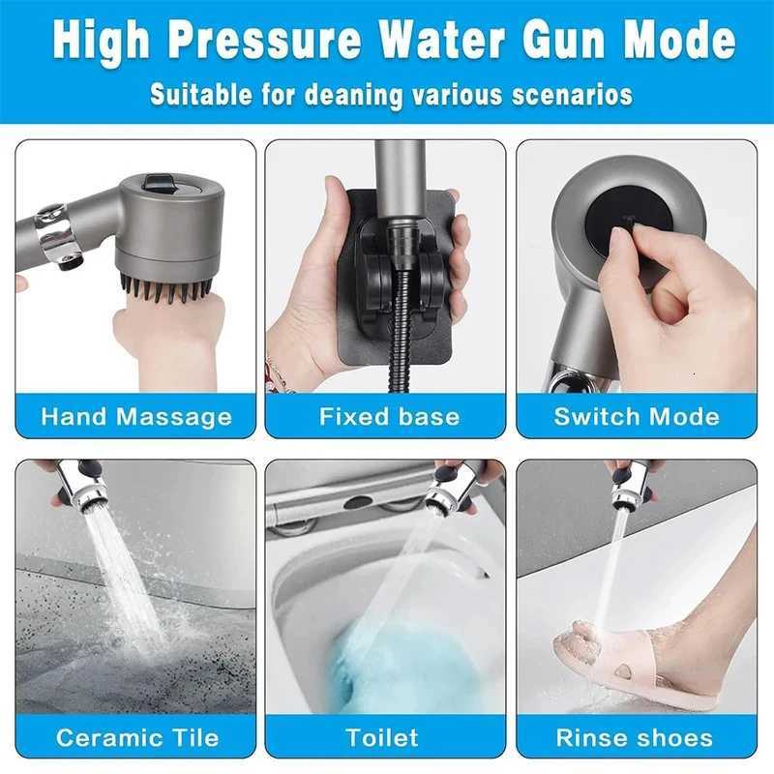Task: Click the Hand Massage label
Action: [136, 417]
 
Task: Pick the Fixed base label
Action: [389, 417]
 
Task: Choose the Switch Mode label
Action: [637, 417]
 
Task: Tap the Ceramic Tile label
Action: [136, 737]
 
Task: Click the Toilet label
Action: [383, 737]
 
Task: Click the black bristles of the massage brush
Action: [164, 287]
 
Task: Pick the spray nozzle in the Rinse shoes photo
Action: [624, 492]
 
